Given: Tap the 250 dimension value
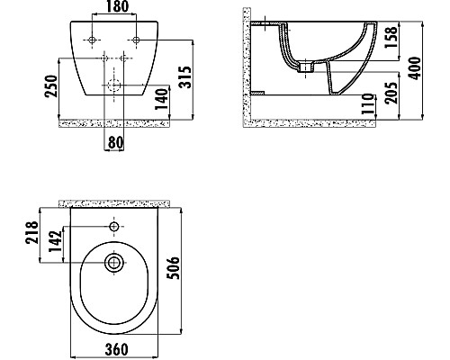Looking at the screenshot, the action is pyautogui.click(x=51, y=86).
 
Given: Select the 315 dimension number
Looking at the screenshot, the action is pyautogui.click(x=184, y=76).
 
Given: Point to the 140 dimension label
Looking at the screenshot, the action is pyautogui.click(x=162, y=99).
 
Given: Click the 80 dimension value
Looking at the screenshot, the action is pyautogui.click(x=116, y=143).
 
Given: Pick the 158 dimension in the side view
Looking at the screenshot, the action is pyautogui.click(x=391, y=38).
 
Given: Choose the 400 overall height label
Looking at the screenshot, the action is pyautogui.click(x=416, y=68).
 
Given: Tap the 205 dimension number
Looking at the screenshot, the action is pyautogui.click(x=391, y=93).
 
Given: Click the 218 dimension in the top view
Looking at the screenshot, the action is pyautogui.click(x=32, y=232).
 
